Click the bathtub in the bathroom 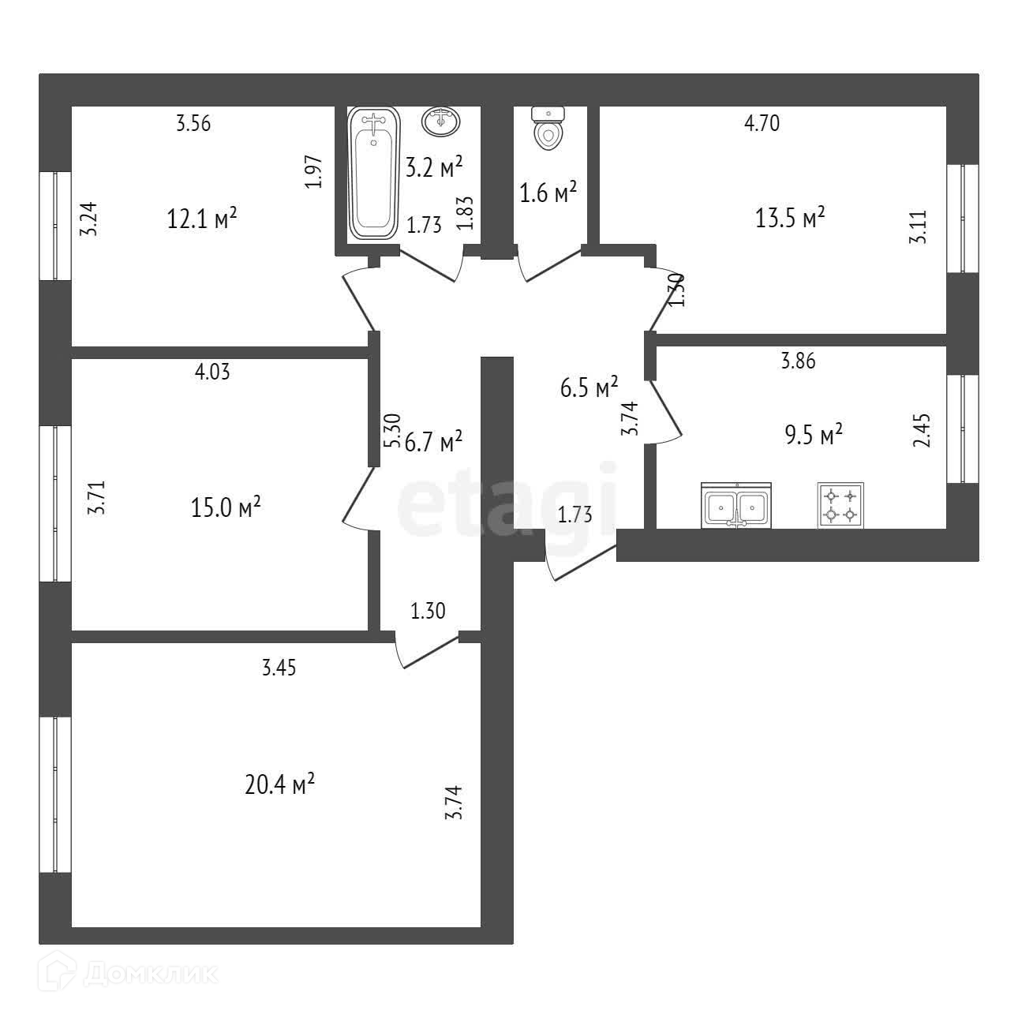(373, 174)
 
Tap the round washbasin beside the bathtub (442, 121)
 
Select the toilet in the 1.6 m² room (548, 129)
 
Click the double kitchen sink (735, 507)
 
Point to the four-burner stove (840, 505)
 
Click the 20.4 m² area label (280, 785)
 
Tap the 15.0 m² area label (226, 507)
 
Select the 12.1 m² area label (202, 218)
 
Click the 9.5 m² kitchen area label (813, 434)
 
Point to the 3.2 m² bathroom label (433, 167)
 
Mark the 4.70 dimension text (762, 123)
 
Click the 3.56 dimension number (193, 123)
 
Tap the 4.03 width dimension (212, 372)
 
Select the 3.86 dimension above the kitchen (798, 361)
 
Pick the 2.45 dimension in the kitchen (922, 430)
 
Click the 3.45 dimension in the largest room (279, 668)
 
